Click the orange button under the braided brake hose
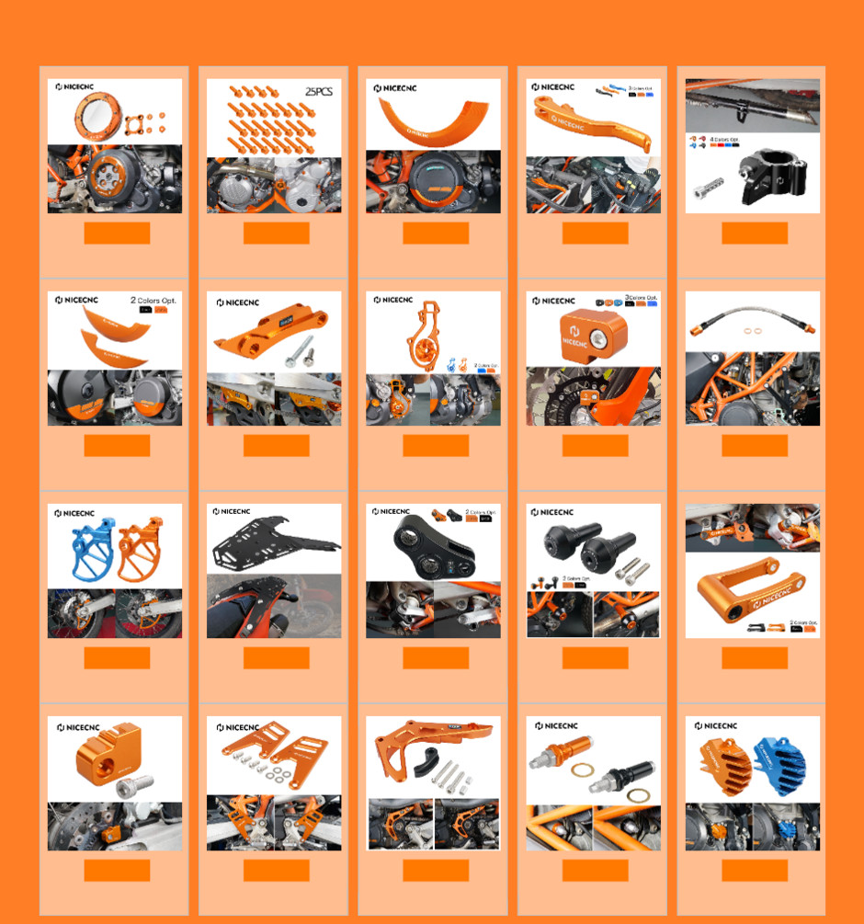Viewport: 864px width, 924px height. pyautogui.click(x=754, y=446)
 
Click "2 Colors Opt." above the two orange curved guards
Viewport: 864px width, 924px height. pyautogui.click(x=154, y=301)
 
